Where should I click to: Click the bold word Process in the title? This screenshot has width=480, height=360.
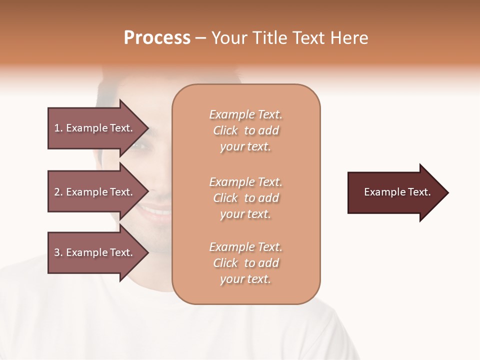coord(157,38)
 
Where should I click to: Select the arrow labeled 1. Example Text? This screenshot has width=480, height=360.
coord(95,128)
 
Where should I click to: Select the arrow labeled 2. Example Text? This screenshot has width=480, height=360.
coord(95,192)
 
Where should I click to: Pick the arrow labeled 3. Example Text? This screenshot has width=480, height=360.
coord(95,252)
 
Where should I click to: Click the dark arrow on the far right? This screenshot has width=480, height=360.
coord(395,192)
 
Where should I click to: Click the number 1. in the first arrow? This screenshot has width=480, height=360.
coord(58,128)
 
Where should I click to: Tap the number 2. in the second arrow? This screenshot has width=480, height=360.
coord(58,192)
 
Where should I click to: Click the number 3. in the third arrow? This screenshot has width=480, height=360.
coord(58,252)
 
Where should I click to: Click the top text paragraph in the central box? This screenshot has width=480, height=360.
coord(245,130)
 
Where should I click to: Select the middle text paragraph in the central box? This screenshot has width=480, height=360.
coord(245,198)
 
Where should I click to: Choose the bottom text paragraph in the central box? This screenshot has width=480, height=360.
coord(245,263)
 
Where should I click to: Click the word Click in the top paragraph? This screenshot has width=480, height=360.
coord(225,130)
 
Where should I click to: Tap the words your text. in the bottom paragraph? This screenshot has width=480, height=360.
coord(245,279)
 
